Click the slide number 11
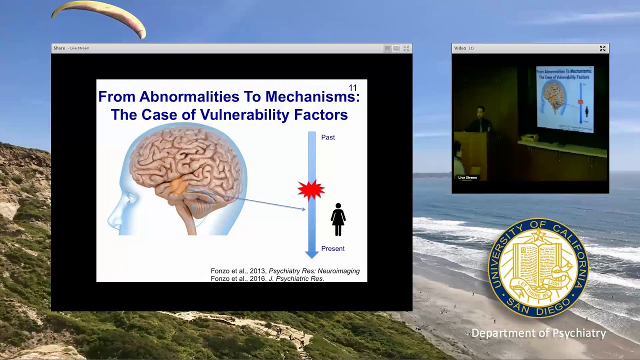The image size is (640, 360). click(352, 88)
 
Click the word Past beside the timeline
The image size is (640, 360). click(328, 137)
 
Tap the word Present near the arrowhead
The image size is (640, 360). click(332, 248)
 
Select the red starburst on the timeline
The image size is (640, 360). click(311, 190)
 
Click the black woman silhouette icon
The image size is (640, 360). click(338, 219)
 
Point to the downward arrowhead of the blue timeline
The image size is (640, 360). click(311, 253)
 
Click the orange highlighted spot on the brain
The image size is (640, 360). click(178, 186)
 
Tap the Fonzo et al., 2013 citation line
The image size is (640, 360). click(285, 271)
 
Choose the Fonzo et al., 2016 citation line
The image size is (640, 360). click(267, 278)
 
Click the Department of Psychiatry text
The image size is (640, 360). click(538, 333)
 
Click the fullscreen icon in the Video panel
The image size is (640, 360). click(602, 48)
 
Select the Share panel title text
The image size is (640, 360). click(59, 48)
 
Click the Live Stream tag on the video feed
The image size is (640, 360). click(467, 177)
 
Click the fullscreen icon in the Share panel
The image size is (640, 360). click(406, 48)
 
